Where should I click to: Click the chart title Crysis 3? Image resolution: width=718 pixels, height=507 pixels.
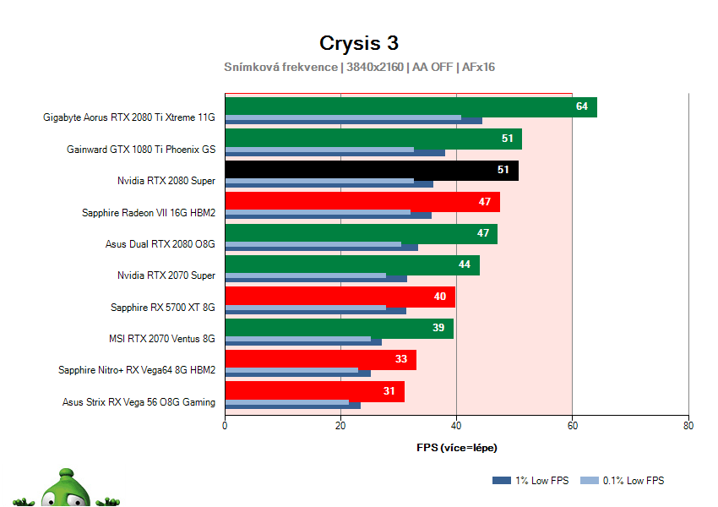(x=358, y=42)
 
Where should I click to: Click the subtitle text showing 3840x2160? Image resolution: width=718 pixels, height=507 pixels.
(x=374, y=67)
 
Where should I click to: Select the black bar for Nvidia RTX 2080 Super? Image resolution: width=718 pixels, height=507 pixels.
(x=372, y=170)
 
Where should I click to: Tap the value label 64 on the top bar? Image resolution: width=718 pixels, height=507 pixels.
(x=581, y=106)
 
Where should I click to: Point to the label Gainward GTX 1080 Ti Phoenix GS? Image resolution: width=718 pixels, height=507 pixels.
(x=141, y=150)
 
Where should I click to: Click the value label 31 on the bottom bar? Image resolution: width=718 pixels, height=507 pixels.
(x=388, y=391)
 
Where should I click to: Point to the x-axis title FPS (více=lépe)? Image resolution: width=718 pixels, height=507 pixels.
(x=456, y=447)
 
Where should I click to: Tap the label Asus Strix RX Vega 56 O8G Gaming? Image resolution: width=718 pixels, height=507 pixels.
(x=139, y=402)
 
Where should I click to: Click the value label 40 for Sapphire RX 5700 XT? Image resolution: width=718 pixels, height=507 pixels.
(x=439, y=297)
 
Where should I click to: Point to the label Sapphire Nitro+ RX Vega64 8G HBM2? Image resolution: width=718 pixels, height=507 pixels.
(x=137, y=370)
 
